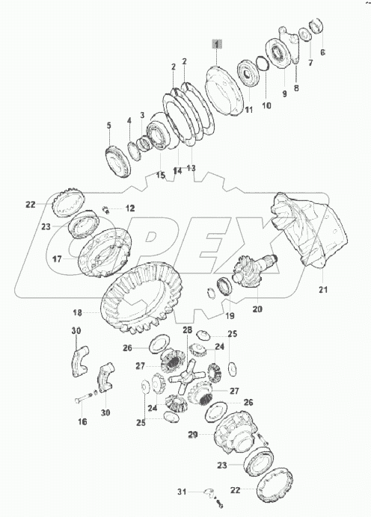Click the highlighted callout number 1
(216, 46)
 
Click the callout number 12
(129, 208)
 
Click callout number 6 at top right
(322, 52)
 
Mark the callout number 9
(285, 94)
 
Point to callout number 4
(129, 120)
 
